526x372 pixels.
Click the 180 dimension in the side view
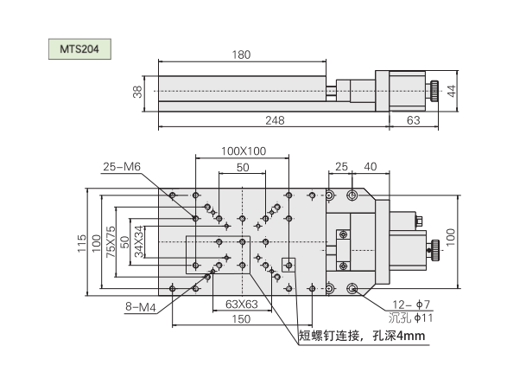[x=242, y=55]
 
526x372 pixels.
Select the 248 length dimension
[x=274, y=120]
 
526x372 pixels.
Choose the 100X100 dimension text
[x=242, y=151]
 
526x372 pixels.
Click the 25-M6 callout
[x=120, y=166]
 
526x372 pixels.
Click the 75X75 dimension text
[x=110, y=241]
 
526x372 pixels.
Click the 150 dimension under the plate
[x=240, y=318]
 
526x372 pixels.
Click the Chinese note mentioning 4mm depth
[x=364, y=336]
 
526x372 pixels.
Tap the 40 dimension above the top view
[x=370, y=165]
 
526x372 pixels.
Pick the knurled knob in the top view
[x=435, y=250]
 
